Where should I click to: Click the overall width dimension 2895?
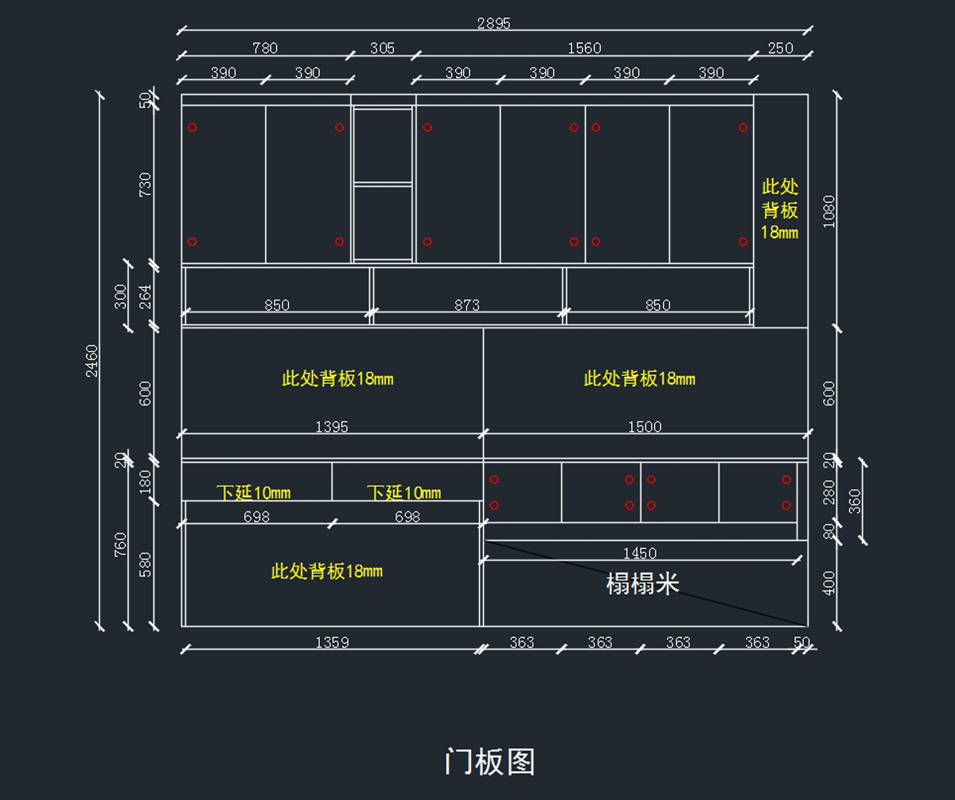493,23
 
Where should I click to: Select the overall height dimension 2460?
92,360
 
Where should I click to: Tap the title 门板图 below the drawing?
489,762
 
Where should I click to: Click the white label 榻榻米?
642,584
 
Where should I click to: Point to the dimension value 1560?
584,49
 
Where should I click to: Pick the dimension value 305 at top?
382,49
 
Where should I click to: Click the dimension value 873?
467,305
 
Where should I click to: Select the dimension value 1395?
332,427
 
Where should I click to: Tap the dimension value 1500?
645,427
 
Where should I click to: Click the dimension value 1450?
640,553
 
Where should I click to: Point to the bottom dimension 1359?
332,643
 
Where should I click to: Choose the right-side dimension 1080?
829,212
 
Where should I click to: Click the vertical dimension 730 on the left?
145,184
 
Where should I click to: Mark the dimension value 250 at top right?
781,49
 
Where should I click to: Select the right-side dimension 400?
829,583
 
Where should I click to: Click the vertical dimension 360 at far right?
856,501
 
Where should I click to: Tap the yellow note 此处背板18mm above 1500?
639,379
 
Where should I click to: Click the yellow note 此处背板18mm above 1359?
326,571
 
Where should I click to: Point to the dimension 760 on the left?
120,544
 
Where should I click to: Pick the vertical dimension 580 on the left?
145,565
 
